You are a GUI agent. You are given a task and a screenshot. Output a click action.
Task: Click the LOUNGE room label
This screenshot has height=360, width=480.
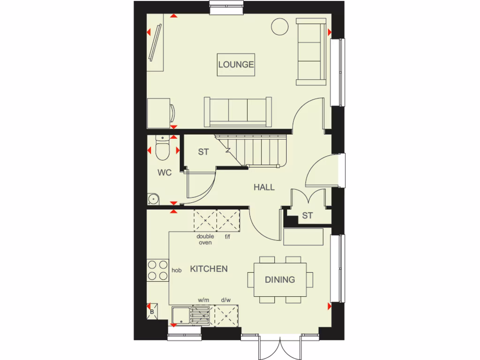click(236, 65)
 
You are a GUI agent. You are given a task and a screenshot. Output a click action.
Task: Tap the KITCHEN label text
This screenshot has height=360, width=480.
click(209, 269)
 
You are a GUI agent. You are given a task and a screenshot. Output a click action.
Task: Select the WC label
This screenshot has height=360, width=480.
click(164, 172)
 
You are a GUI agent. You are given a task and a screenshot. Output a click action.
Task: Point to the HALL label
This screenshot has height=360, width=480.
click(264, 187)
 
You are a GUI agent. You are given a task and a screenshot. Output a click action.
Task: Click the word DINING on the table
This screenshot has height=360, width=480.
click(280, 279)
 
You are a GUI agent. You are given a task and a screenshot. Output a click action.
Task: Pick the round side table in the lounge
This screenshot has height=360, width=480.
click(280, 26)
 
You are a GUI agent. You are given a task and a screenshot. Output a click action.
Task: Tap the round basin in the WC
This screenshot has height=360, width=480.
click(153, 199)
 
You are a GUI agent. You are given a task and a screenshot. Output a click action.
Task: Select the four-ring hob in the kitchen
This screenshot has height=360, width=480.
click(158, 270)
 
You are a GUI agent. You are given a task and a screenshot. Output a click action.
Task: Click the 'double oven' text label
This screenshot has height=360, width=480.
click(205, 240)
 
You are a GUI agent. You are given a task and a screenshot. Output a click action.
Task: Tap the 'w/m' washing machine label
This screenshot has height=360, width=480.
click(203, 300)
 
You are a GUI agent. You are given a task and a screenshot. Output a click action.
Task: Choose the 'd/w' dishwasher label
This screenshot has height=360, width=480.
click(226, 300)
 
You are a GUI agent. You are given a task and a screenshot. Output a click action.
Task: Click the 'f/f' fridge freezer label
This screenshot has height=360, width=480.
click(228, 237)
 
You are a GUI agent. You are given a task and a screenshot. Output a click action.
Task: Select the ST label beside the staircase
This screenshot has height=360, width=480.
click(203, 152)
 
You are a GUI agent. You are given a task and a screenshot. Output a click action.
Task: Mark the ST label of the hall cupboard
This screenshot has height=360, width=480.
click(307, 216)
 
